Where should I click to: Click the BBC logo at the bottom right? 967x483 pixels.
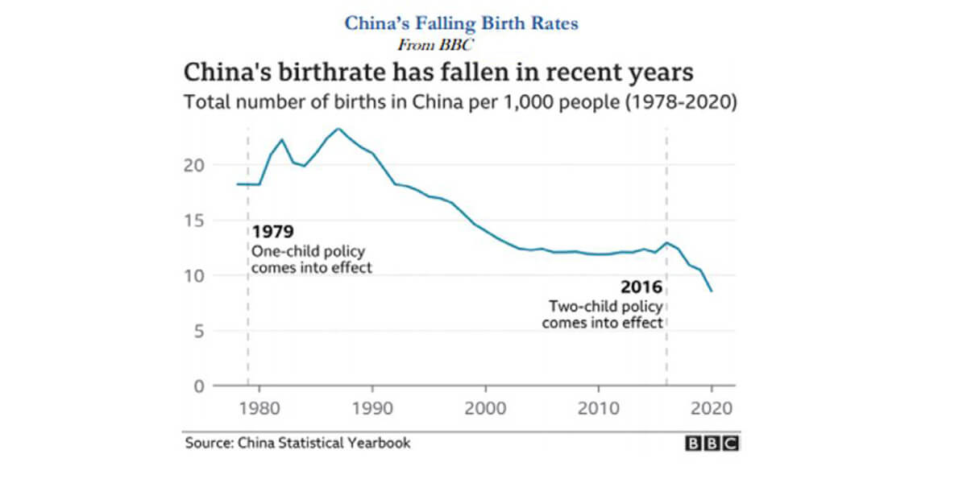pos(711,444)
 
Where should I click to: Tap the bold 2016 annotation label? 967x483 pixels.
pos(641,287)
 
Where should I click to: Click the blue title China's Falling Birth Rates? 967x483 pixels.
pos(461,23)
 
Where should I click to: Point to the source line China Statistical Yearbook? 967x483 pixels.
pos(297,443)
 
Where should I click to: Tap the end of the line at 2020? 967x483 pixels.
pos(712,291)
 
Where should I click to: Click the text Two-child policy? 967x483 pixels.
pos(604,307)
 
